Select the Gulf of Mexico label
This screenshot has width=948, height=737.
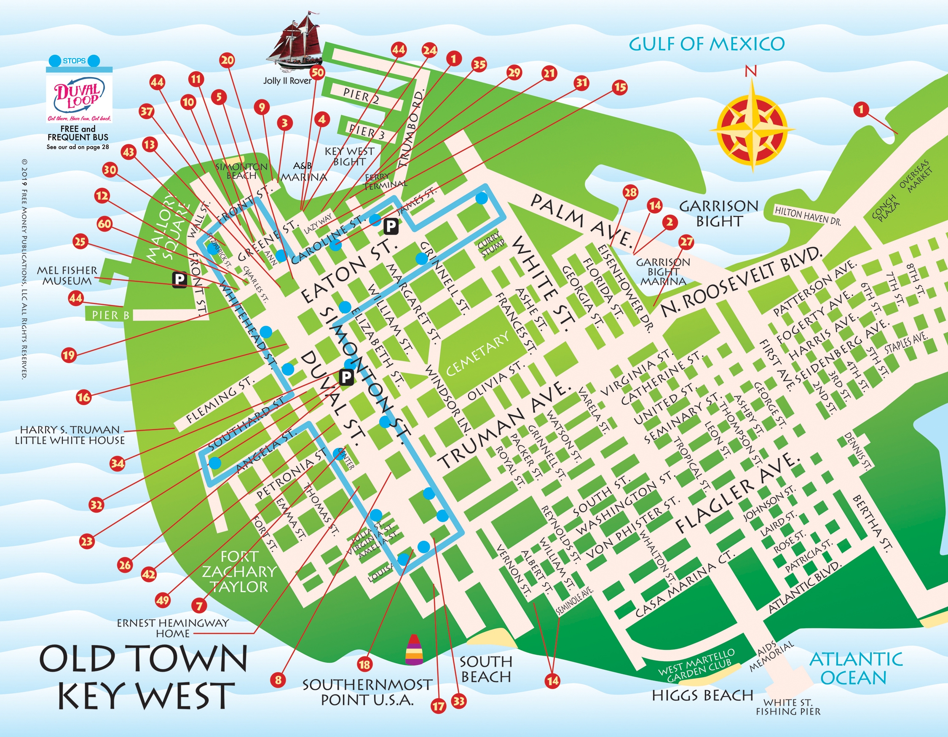(707, 44)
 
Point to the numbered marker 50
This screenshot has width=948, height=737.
(318, 72)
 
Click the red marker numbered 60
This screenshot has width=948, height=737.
(104, 224)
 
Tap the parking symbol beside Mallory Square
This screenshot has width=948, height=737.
(179, 280)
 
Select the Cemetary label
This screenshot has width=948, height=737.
(477, 354)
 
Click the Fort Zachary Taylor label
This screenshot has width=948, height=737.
(239, 571)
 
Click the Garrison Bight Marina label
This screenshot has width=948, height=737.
(663, 272)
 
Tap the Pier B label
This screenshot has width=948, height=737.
(111, 315)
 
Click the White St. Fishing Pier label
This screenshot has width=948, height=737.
(788, 707)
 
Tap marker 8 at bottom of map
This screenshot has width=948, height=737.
(278, 680)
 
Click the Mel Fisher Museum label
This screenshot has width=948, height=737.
(67, 275)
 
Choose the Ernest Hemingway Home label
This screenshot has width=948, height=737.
(172, 628)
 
